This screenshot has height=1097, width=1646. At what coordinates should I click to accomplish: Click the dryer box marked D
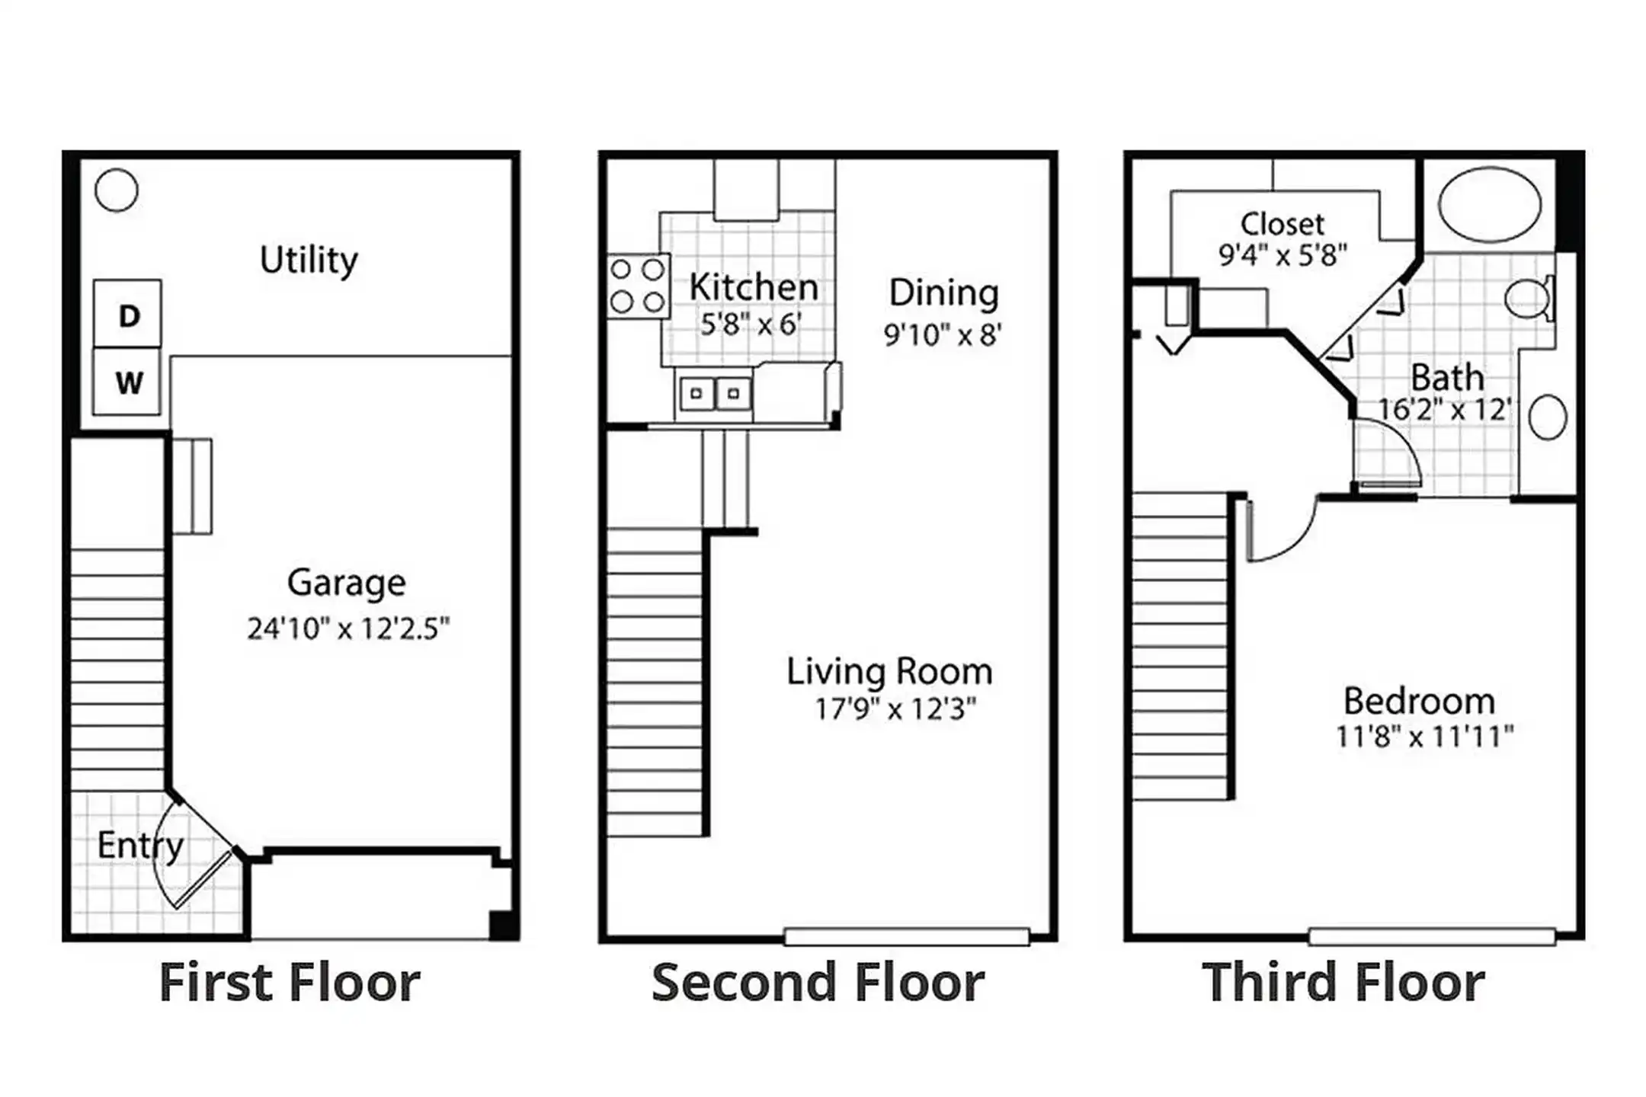tap(127, 314)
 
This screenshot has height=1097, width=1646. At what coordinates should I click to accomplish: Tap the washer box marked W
tap(126, 381)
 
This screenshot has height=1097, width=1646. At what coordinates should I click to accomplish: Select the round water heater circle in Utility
tap(117, 190)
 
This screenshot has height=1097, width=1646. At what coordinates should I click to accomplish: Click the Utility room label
tap(309, 261)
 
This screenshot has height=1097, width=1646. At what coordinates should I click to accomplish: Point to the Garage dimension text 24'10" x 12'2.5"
tap(348, 629)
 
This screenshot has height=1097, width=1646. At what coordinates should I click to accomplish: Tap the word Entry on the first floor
tap(141, 846)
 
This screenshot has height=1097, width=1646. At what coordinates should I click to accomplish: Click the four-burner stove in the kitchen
tap(638, 286)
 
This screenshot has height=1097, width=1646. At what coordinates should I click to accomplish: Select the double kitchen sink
tap(715, 394)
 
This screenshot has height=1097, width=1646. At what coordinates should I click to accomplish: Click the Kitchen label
tap(754, 287)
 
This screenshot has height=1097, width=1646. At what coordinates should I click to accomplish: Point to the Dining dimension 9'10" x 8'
tap(943, 334)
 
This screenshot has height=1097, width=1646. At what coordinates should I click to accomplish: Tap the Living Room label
tap(890, 671)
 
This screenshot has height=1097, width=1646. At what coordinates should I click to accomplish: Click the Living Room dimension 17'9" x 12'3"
tap(895, 709)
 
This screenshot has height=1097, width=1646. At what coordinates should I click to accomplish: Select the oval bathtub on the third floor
tap(1489, 204)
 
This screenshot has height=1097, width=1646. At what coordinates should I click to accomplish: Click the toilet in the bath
tap(1530, 299)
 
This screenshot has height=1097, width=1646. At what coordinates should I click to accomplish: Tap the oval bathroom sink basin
tap(1548, 417)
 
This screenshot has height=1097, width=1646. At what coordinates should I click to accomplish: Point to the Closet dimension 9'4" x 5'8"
tap(1283, 254)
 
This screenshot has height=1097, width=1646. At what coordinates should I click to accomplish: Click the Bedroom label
tap(1419, 701)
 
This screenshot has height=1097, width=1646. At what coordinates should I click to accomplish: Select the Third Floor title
tap(1343, 982)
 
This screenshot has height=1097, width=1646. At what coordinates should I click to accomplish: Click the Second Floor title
tap(818, 982)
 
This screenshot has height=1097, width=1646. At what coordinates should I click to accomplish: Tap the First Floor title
tap(290, 982)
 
